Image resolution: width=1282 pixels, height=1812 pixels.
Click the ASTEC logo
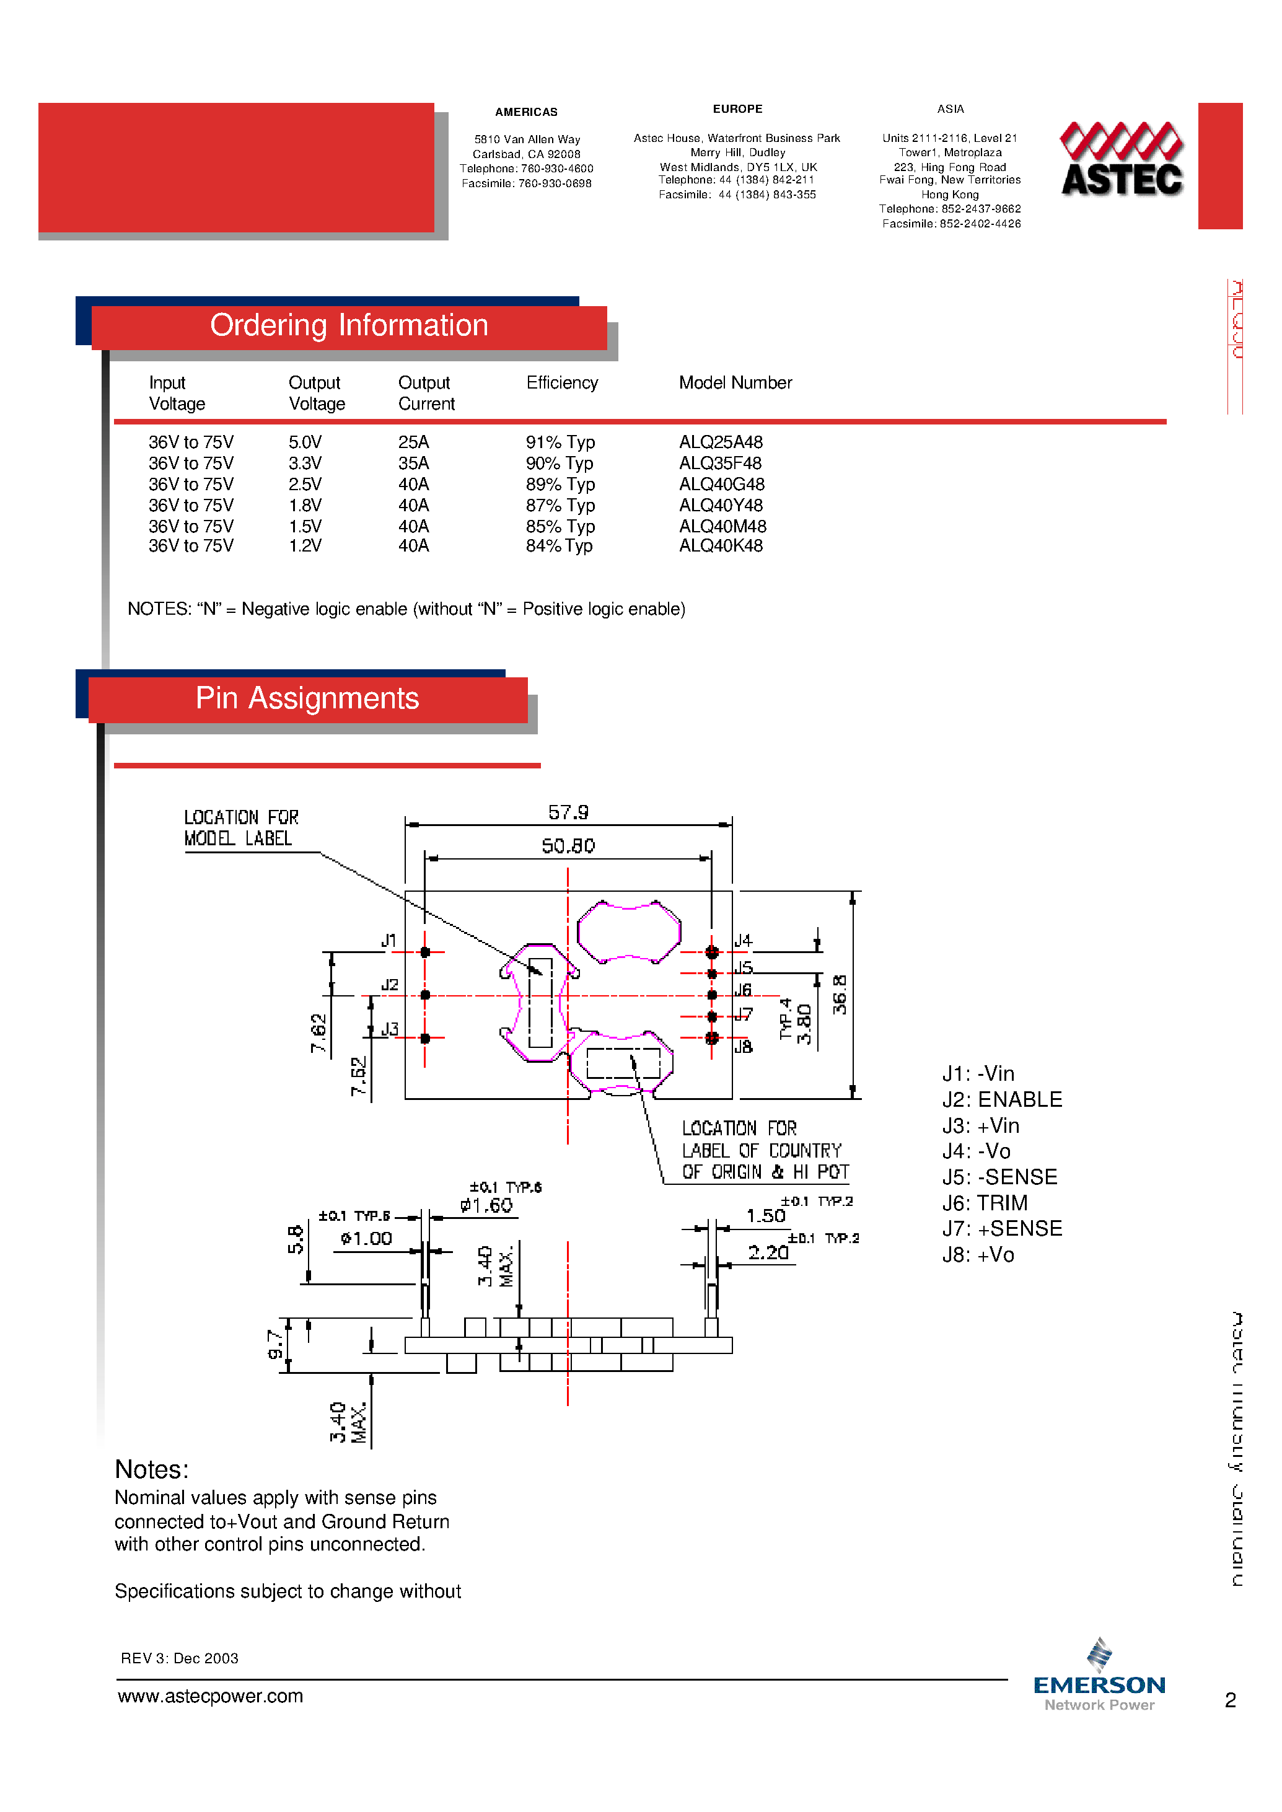[x=1121, y=159]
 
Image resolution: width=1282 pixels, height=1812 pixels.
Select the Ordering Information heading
[x=349, y=326]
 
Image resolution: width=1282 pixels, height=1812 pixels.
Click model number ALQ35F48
[x=720, y=464]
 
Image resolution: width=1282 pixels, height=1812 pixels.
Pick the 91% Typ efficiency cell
[x=560, y=442]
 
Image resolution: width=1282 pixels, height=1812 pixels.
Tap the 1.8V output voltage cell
[x=305, y=505]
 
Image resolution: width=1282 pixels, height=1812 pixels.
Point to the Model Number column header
[x=735, y=383]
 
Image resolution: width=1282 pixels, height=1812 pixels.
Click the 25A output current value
[x=413, y=442]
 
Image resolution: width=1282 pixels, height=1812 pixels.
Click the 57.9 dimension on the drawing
[x=568, y=812]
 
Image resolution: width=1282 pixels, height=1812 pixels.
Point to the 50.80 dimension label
[x=568, y=847]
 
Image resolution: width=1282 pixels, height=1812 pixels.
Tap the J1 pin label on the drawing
[x=389, y=940]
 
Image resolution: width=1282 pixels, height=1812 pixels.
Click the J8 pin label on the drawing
[x=743, y=1047]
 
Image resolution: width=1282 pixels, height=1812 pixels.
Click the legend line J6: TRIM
[x=985, y=1203]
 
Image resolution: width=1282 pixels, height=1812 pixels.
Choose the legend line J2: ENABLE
[x=1002, y=1100]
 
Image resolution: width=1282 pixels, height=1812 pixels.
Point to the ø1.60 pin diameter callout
[x=486, y=1206]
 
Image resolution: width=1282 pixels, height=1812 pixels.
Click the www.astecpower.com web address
[x=210, y=1696]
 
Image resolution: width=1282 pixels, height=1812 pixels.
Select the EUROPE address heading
[x=737, y=109]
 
